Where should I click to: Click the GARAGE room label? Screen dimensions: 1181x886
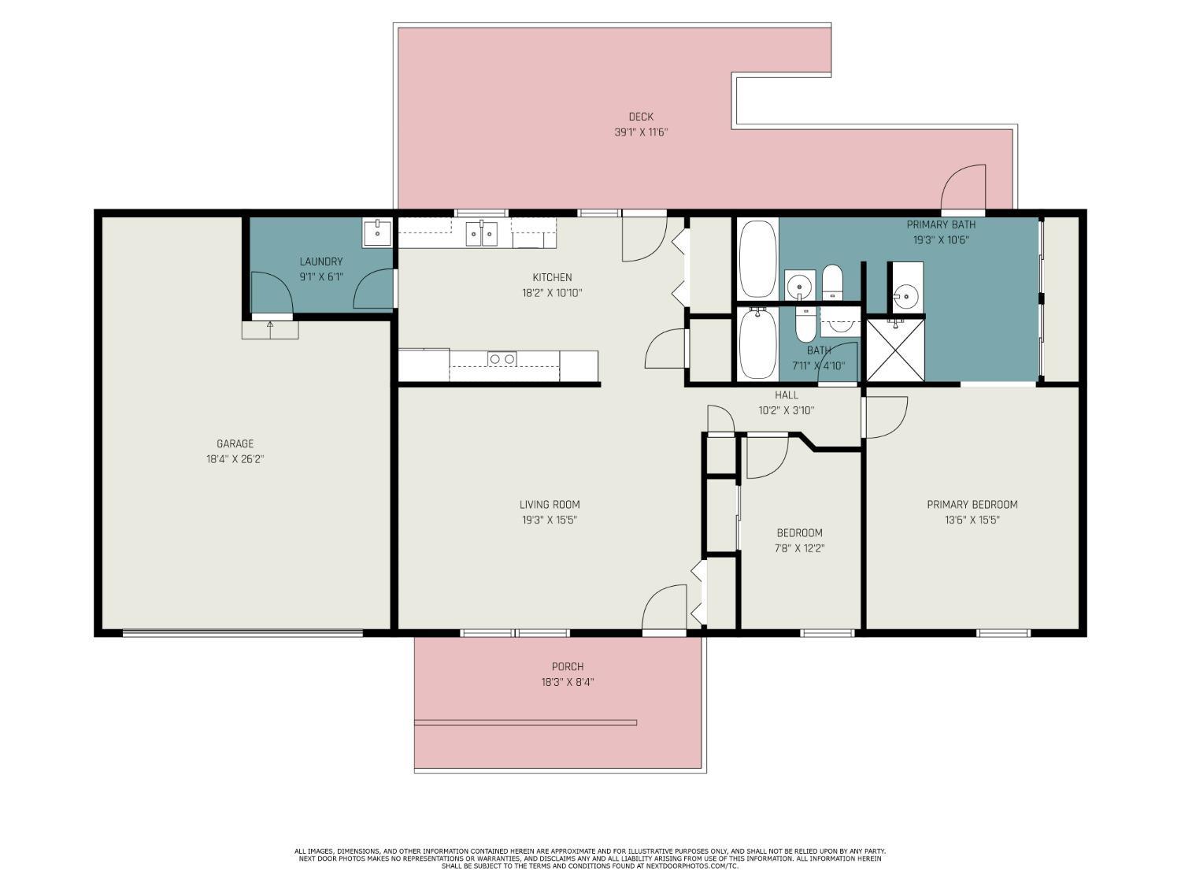click(x=235, y=444)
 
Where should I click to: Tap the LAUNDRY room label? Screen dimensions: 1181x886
click(x=320, y=261)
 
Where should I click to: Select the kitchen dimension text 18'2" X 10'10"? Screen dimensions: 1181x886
click(x=552, y=293)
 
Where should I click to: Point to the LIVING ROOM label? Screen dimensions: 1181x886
click(x=550, y=505)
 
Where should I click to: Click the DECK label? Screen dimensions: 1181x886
click(x=641, y=117)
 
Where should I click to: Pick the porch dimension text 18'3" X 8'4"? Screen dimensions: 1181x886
click(x=567, y=683)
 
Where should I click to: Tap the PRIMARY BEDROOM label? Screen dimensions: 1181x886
click(x=972, y=505)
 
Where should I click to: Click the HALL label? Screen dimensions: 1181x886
click(x=786, y=395)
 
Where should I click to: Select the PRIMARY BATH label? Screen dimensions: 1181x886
click(x=941, y=225)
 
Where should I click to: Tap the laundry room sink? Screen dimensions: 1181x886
click(x=376, y=233)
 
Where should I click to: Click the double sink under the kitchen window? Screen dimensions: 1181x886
click(x=481, y=233)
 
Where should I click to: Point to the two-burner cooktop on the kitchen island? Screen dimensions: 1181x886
click(x=502, y=359)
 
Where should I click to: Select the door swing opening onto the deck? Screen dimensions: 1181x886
click(x=963, y=187)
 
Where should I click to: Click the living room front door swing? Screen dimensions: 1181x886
click(x=665, y=606)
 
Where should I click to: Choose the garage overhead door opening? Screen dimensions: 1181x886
click(x=242, y=633)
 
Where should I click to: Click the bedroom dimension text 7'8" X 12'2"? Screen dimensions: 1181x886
click(x=799, y=549)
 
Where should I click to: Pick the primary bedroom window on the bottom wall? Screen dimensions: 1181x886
click(x=1003, y=633)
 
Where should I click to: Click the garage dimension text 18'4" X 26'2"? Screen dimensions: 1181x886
click(x=235, y=459)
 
